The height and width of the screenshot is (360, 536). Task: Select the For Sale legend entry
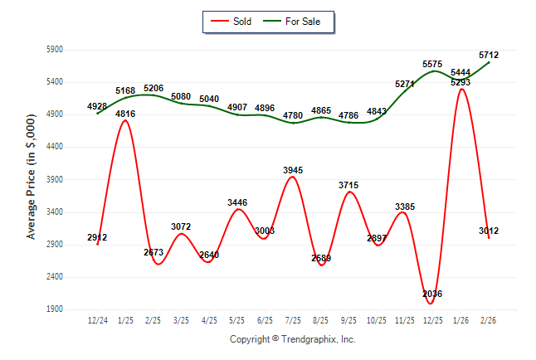297,21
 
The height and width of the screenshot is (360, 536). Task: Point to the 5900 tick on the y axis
54,50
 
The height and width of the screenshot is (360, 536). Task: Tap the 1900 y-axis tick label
54,309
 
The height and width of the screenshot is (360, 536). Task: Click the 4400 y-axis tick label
54,147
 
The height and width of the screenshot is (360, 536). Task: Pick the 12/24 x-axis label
97,319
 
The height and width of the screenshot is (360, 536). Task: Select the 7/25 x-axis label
293,319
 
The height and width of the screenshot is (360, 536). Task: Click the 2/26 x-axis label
489,319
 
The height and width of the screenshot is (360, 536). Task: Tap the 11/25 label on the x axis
404,319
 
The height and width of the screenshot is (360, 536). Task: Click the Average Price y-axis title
32,179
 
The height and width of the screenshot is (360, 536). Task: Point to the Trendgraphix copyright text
292,339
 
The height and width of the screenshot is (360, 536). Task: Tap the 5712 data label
489,55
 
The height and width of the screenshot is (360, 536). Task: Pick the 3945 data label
293,170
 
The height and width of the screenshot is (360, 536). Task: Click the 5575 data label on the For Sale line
431,64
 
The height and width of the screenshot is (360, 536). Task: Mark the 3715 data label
349,185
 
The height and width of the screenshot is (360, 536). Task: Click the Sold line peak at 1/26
461,90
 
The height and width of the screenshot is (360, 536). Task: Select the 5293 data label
461,82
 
